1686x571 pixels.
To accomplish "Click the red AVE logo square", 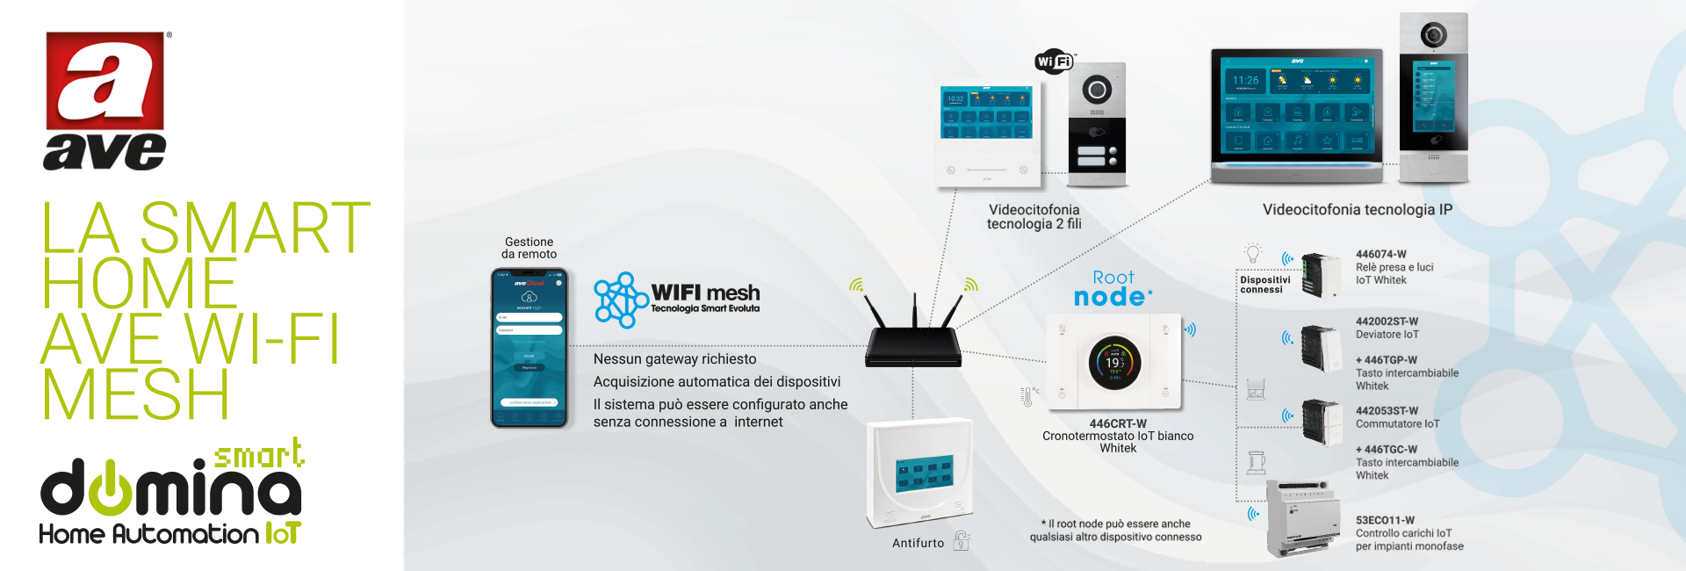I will tap(105, 81).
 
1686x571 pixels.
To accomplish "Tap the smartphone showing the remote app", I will tap(529, 348).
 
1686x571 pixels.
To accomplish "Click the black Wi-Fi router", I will tap(913, 345).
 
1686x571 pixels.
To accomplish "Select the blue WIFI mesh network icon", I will tap(620, 300).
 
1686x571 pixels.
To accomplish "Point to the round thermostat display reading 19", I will tap(1114, 362).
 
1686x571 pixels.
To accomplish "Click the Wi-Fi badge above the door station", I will tap(1054, 61).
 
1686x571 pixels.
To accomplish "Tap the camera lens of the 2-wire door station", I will tap(1097, 90).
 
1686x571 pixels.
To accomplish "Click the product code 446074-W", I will tap(1380, 255).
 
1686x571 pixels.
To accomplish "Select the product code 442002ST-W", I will tap(1387, 322).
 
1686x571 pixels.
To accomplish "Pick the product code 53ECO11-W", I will tap(1385, 520).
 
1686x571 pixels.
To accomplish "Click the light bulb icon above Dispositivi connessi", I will tap(1253, 253).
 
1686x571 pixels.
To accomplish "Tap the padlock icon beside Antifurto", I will tap(962, 541).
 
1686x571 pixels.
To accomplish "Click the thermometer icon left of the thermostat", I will tap(1027, 396).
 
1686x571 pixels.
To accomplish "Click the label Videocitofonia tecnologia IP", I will tap(1357, 210).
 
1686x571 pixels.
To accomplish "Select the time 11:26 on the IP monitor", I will tap(1245, 80).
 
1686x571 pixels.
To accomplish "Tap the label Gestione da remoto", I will tap(529, 248).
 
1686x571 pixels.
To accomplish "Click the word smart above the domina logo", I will tap(259, 455).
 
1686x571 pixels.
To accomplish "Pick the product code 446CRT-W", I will tap(1118, 423).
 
